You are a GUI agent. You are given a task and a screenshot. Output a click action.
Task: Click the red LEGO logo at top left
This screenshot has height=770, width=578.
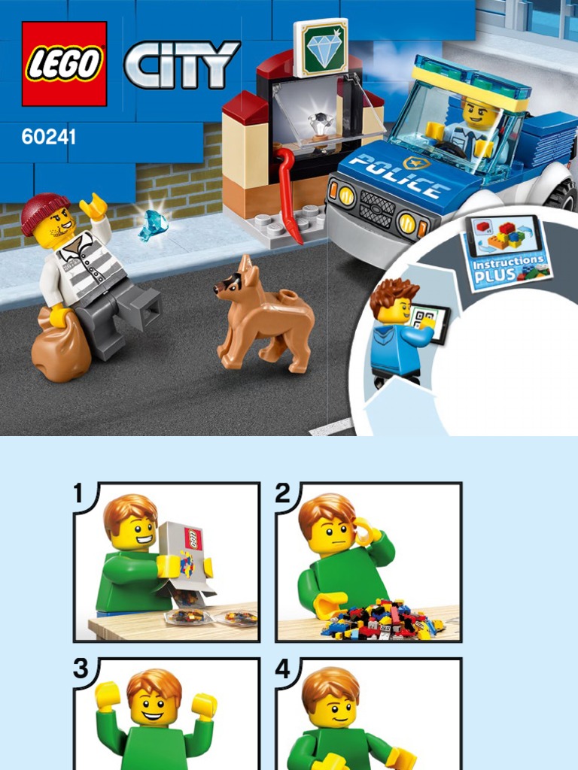coord(65,64)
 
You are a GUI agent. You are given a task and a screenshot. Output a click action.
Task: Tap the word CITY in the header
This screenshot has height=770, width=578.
coord(182,64)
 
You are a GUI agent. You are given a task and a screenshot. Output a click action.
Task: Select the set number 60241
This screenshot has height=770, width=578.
coord(49,137)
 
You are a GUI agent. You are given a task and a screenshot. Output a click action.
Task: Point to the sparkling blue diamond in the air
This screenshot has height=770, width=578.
coord(153,226)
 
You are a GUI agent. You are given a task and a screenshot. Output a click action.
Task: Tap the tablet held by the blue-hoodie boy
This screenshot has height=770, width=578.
coord(429,322)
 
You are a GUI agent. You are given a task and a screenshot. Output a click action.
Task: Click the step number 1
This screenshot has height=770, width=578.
coord(78,493)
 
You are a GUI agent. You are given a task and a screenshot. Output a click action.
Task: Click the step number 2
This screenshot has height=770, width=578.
coord(283,493)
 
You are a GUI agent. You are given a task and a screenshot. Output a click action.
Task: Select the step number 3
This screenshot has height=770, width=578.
coord(81,668)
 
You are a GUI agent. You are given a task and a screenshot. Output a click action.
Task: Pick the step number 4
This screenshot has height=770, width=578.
coord(283,668)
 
